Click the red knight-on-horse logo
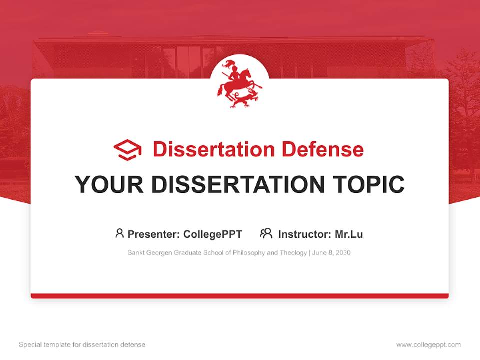(239, 83)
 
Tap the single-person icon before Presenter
(119, 233)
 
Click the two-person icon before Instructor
(266, 233)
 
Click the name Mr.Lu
(349, 234)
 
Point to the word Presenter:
(154, 234)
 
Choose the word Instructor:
(304, 234)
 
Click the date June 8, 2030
(332, 253)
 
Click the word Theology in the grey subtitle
(292, 253)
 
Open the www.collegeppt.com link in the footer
(428, 345)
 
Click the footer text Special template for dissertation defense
(82, 345)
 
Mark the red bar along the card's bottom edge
(240, 296)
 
